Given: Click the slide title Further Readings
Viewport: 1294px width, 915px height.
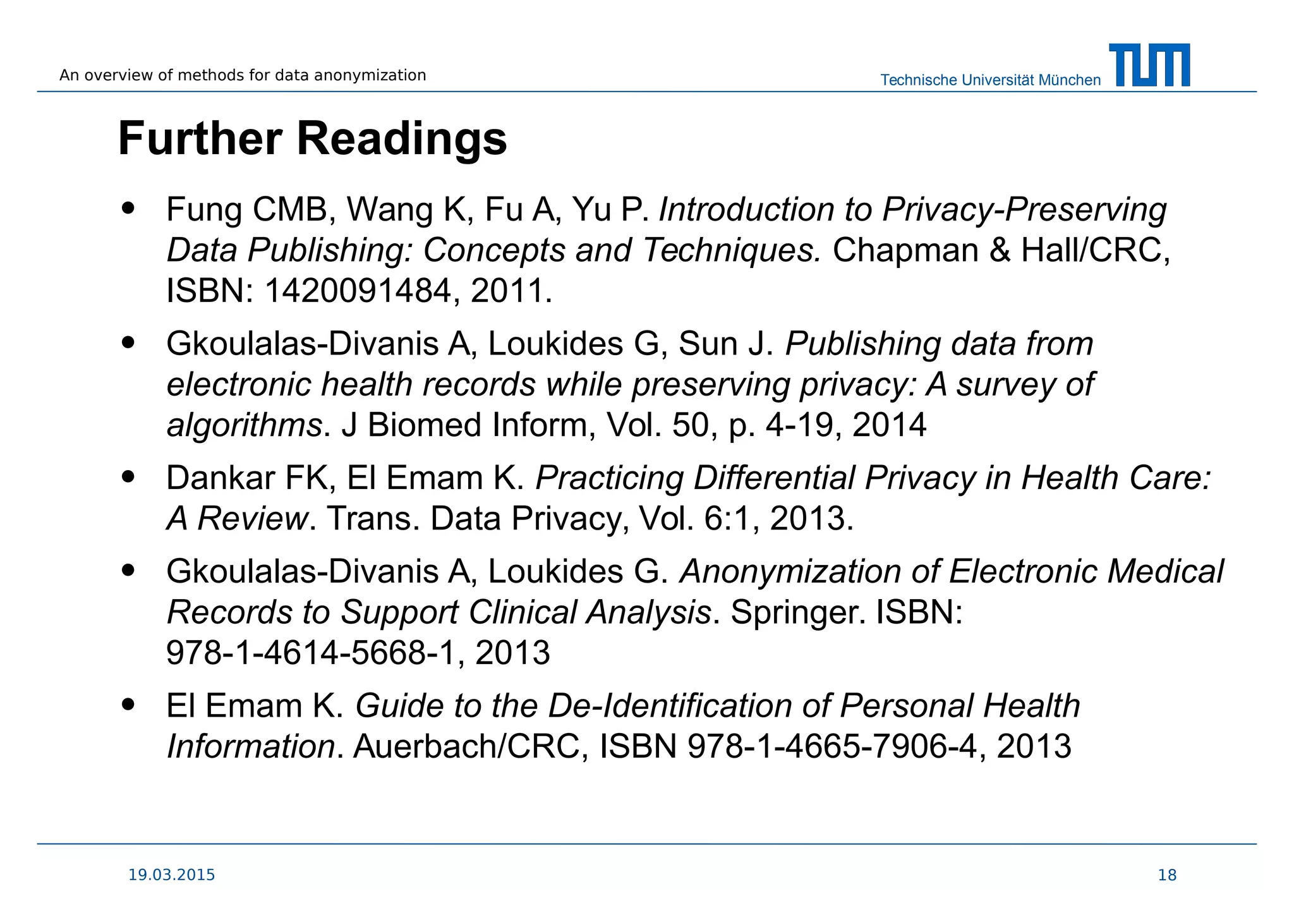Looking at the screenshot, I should (x=312, y=138).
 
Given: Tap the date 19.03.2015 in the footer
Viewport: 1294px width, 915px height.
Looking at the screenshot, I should (x=171, y=875).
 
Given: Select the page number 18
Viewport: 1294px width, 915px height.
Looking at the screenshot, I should (x=1167, y=875).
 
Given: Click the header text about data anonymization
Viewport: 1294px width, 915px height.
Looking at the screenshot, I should (x=243, y=75).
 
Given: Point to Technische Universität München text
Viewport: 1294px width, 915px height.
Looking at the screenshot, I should (x=990, y=80).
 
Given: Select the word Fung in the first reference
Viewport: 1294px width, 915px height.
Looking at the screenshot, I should (x=203, y=210).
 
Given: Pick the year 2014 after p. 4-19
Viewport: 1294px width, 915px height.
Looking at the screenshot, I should (x=889, y=425).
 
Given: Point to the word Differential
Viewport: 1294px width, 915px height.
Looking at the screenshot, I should (x=773, y=478).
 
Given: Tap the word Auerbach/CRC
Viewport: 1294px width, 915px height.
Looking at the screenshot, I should (x=466, y=746).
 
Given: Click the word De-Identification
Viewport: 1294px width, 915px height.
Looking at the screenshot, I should (x=669, y=706).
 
